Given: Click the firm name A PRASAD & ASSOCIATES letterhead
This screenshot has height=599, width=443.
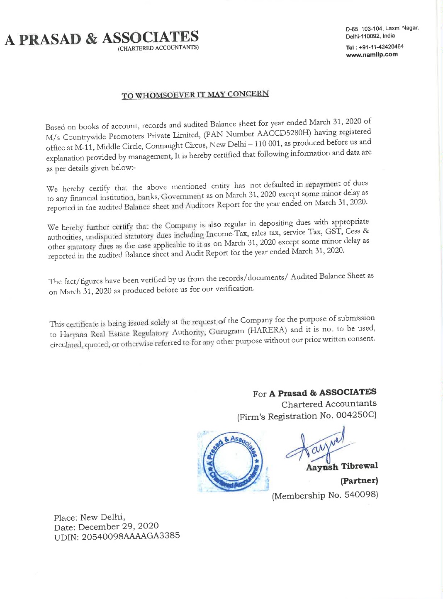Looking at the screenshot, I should pos(102,38).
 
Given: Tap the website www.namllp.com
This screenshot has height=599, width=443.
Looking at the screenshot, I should pos(372,54).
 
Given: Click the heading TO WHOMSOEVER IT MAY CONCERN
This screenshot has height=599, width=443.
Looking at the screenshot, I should pos(195,95).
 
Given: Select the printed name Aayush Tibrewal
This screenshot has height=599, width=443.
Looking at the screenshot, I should pos(342,466).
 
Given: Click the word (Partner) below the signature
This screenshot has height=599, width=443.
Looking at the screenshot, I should pos(359,481).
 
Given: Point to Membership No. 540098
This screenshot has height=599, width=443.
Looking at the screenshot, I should pos(325,495).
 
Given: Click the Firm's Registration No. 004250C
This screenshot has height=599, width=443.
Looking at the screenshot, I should pos(307,416).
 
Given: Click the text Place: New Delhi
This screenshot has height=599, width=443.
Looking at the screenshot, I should pos(89,517).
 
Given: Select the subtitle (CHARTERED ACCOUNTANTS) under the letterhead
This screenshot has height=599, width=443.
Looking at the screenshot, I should pos(158,48).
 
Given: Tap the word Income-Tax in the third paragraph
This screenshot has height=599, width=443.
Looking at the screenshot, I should pos(227,234).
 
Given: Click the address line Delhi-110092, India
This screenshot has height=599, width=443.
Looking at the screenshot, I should pos(370,36).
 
